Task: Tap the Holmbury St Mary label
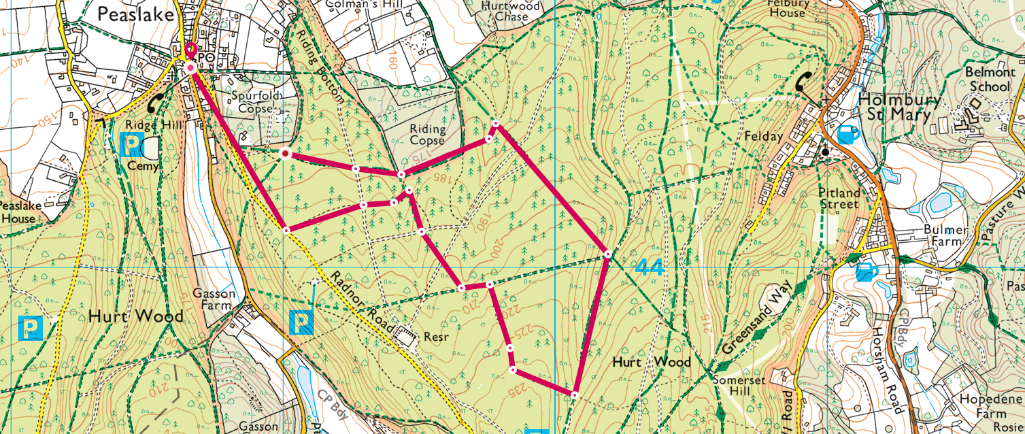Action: tap(900, 107)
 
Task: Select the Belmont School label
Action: tap(990, 79)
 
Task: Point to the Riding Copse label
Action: tap(427, 135)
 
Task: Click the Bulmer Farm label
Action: tap(945, 236)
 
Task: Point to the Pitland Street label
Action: tap(839, 198)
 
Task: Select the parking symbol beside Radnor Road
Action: tap(301, 322)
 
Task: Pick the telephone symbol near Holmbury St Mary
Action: tap(807, 82)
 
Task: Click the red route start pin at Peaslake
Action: tap(191, 52)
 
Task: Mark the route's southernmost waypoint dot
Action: tap(575, 395)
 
